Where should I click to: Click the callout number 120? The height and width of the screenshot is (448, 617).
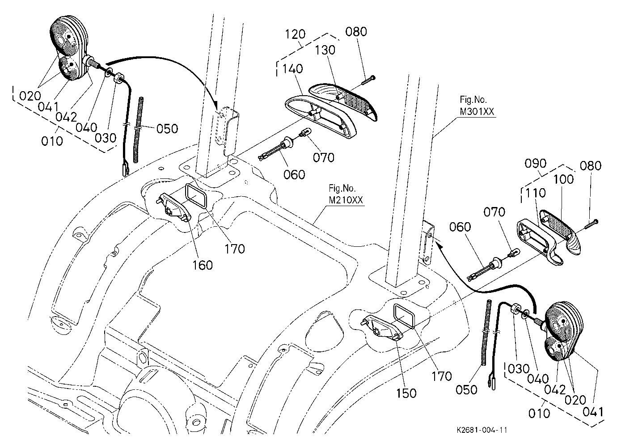(x=295, y=34)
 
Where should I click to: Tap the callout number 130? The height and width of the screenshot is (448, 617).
(x=325, y=50)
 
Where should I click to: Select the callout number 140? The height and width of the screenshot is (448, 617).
(x=292, y=69)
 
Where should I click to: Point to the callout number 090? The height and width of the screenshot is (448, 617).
(x=536, y=164)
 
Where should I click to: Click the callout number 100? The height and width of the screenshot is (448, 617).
(x=563, y=180)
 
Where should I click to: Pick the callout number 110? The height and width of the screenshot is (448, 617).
(x=535, y=193)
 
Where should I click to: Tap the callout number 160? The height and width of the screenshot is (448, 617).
(x=203, y=265)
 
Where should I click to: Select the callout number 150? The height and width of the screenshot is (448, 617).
(x=406, y=393)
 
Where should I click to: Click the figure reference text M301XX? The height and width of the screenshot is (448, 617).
(x=477, y=112)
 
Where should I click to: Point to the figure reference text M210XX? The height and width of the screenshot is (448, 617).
(x=346, y=200)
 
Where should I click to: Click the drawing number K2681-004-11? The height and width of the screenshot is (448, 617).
(x=482, y=430)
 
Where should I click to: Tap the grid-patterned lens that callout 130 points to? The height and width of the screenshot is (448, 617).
(x=344, y=102)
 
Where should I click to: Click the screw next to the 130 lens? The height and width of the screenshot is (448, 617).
(x=367, y=80)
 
